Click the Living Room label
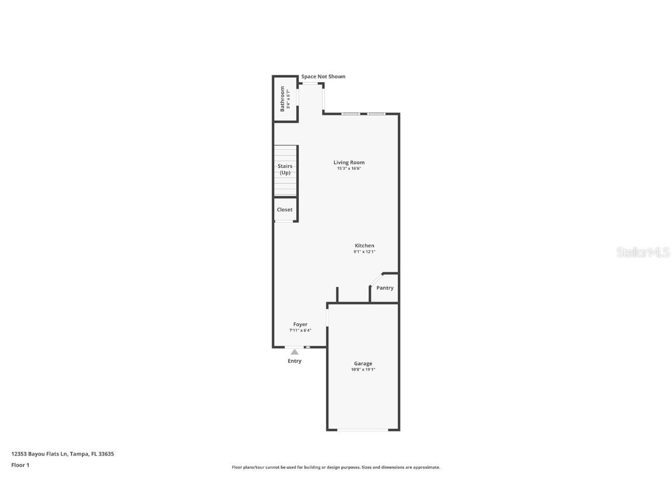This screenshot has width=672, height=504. (349, 163)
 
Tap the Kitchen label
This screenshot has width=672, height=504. (365, 246)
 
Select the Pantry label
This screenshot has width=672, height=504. (385, 288)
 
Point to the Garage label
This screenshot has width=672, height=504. (363, 363)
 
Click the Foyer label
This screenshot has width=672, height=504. (300, 324)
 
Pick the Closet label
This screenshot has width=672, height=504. (285, 209)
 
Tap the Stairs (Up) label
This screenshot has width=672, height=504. (285, 169)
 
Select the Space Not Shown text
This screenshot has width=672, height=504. (323, 76)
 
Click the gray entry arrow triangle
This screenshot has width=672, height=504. (295, 352)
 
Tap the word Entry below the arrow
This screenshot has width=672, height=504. (295, 361)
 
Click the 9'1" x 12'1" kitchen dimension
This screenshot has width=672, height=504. (365, 252)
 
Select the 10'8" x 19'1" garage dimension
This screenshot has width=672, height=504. (363, 369)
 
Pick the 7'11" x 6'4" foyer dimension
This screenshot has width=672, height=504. (300, 330)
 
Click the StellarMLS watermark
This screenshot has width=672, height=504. (642, 253)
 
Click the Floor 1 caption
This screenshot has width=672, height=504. (20, 465)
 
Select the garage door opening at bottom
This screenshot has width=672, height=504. (363, 430)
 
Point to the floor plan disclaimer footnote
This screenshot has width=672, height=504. (336, 467)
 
